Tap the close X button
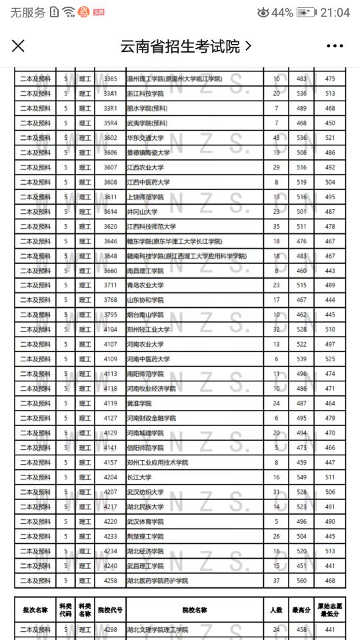pyautogui.click(x=19, y=46)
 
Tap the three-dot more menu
pyautogui.click(x=334, y=46)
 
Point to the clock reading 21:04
pyautogui.click(x=335, y=12)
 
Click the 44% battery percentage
pyautogui.click(x=282, y=12)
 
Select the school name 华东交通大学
pyautogui.click(x=145, y=138)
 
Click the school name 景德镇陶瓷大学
pyautogui.click(x=149, y=153)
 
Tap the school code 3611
pyautogui.click(x=110, y=197)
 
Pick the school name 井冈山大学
pyautogui.click(x=142, y=212)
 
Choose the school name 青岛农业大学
pyautogui.click(x=145, y=285)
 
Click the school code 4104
pyautogui.click(x=110, y=329)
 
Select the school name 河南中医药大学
pyautogui.click(x=149, y=359)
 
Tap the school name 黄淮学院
pyautogui.click(x=139, y=403)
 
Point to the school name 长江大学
pyautogui.click(x=139, y=477)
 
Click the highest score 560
pyautogui.click(x=301, y=581)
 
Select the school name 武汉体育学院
pyautogui.click(x=145, y=521)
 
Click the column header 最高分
pyautogui.click(x=301, y=610)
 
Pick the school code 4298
pyautogui.click(x=110, y=630)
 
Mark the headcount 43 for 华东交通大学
pyautogui.click(x=276, y=138)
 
